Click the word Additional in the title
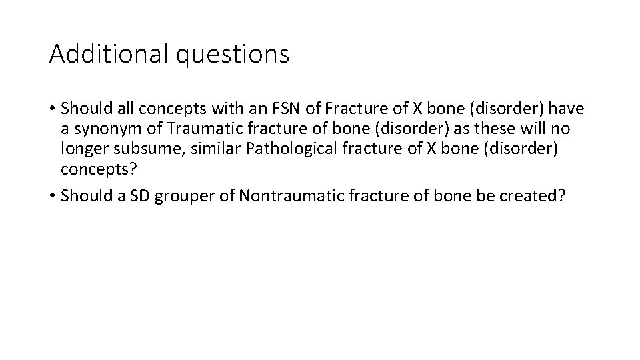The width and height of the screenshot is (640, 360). tap(109, 54)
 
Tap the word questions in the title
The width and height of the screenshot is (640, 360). tap(233, 55)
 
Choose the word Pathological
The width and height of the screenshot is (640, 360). tap(289, 149)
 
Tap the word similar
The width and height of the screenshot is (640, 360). tap(217, 148)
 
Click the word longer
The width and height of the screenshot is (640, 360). tap(81, 149)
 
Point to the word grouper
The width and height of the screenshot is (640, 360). tap(178, 197)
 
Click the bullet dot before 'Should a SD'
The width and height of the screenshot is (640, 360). tap(51, 197)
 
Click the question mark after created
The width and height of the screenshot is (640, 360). tap(561, 197)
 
